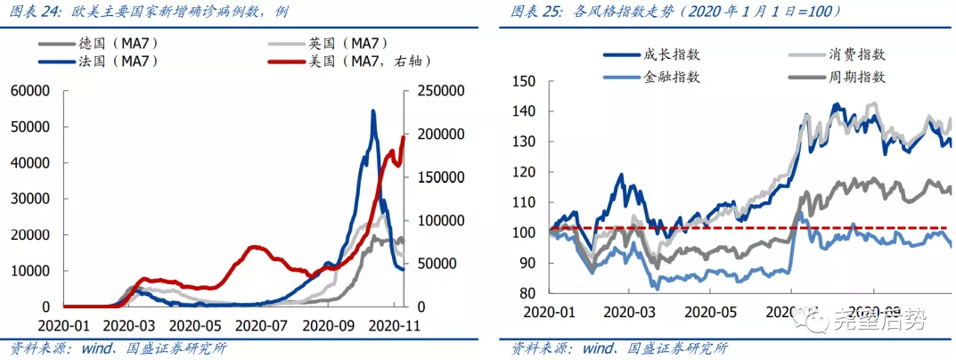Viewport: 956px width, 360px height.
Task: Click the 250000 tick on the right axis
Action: (x=437, y=91)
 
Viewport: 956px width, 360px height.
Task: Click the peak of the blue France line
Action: (x=372, y=111)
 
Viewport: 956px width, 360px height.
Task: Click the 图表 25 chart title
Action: (x=677, y=12)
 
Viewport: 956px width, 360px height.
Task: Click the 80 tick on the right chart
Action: (x=527, y=293)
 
